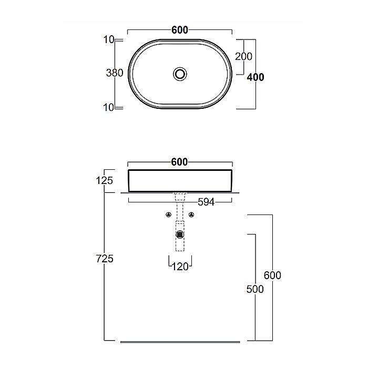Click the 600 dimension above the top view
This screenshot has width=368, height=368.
point(180,30)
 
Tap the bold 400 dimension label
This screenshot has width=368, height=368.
point(255,77)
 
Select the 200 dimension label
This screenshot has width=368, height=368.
point(243,57)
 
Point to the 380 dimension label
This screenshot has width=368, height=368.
point(115,73)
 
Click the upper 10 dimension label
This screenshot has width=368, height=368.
point(109,39)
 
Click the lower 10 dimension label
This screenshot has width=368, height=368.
point(108,107)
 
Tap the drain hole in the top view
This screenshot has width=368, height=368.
point(180,74)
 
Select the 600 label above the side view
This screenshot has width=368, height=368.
point(180,162)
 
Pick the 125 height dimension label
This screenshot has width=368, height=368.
point(105,180)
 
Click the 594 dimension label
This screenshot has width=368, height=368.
point(206,202)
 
